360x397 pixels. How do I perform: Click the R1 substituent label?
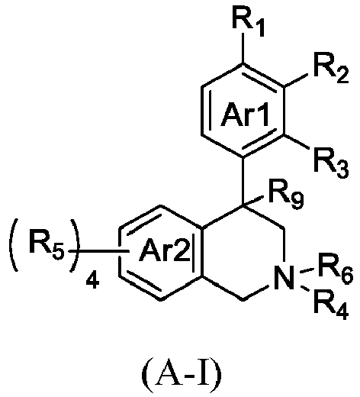tap(249, 24)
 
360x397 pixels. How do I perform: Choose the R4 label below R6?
tap(331, 305)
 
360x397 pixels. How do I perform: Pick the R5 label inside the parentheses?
tap(46, 244)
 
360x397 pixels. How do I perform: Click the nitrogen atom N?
tap(284, 277)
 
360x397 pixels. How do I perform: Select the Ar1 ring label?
tap(245, 115)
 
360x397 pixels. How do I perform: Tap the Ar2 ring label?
tap(164, 250)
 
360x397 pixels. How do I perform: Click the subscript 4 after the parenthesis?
tap(92, 280)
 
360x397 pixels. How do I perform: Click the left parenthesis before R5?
tap(13, 245)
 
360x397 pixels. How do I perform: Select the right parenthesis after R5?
tap(74, 245)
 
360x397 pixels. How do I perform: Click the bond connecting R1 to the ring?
tap(243, 48)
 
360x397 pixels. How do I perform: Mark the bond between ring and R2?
tap(296, 80)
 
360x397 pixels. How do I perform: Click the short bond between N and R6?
tap(307, 270)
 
